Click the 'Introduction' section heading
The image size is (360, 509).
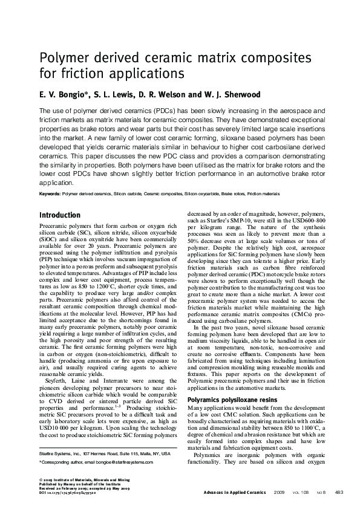click(x=59, y=215)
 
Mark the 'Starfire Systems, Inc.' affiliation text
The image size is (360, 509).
click(x=59, y=453)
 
